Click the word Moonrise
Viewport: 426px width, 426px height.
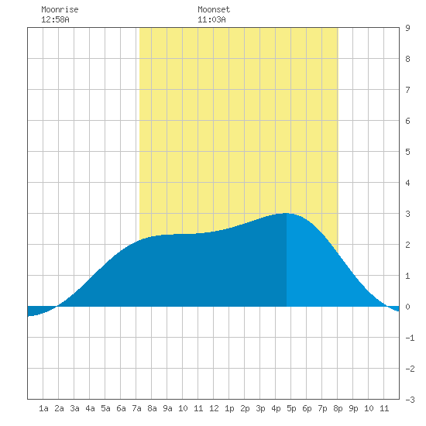point(60,9)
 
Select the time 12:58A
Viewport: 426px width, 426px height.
point(55,19)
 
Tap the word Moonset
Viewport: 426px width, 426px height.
point(214,9)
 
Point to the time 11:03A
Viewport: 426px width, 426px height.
point(211,19)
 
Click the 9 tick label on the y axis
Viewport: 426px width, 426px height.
point(407,28)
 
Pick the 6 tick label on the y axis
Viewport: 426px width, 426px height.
point(407,121)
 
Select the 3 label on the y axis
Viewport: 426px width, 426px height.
point(407,214)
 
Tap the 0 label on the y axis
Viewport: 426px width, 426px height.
point(407,307)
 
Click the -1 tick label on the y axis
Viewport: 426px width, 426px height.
point(410,338)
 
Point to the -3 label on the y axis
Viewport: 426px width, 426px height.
point(410,400)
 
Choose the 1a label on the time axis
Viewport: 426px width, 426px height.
point(43,408)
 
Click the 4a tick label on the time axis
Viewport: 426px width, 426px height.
point(90,408)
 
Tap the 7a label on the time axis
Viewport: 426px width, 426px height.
point(136,408)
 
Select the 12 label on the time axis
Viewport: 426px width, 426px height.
point(214,408)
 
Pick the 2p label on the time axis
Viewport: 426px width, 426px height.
point(245,408)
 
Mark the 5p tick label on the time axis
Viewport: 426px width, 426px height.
point(291,408)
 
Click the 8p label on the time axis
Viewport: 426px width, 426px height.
point(338,408)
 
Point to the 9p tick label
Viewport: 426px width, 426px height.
point(353,408)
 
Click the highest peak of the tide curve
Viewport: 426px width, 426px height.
point(286,213)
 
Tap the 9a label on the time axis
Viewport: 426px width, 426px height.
point(167,408)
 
